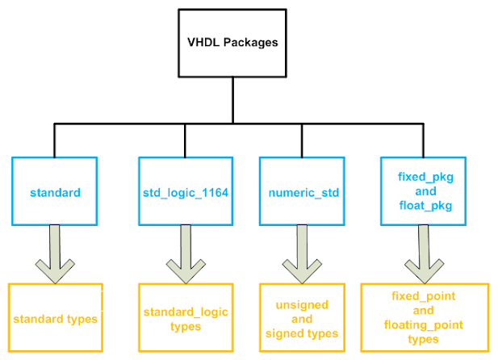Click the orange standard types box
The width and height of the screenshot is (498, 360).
click(55, 319)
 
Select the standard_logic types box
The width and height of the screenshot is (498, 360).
click(186, 318)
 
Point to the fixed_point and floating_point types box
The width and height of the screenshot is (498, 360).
click(424, 318)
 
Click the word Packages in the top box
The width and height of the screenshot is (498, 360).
click(251, 42)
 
